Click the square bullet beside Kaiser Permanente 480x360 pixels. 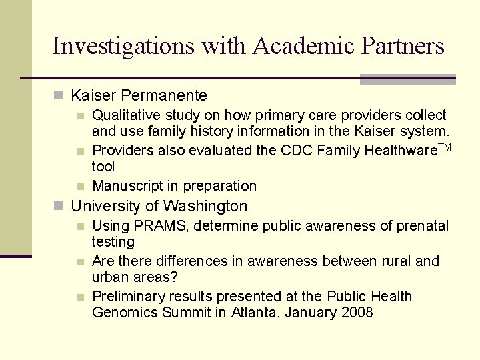[58, 96]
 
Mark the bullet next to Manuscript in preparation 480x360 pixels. [80, 186]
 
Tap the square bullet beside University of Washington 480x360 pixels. [58, 207]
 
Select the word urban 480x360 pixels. [111, 277]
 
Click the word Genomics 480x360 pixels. [125, 312]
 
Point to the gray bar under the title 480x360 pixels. [407, 79]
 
